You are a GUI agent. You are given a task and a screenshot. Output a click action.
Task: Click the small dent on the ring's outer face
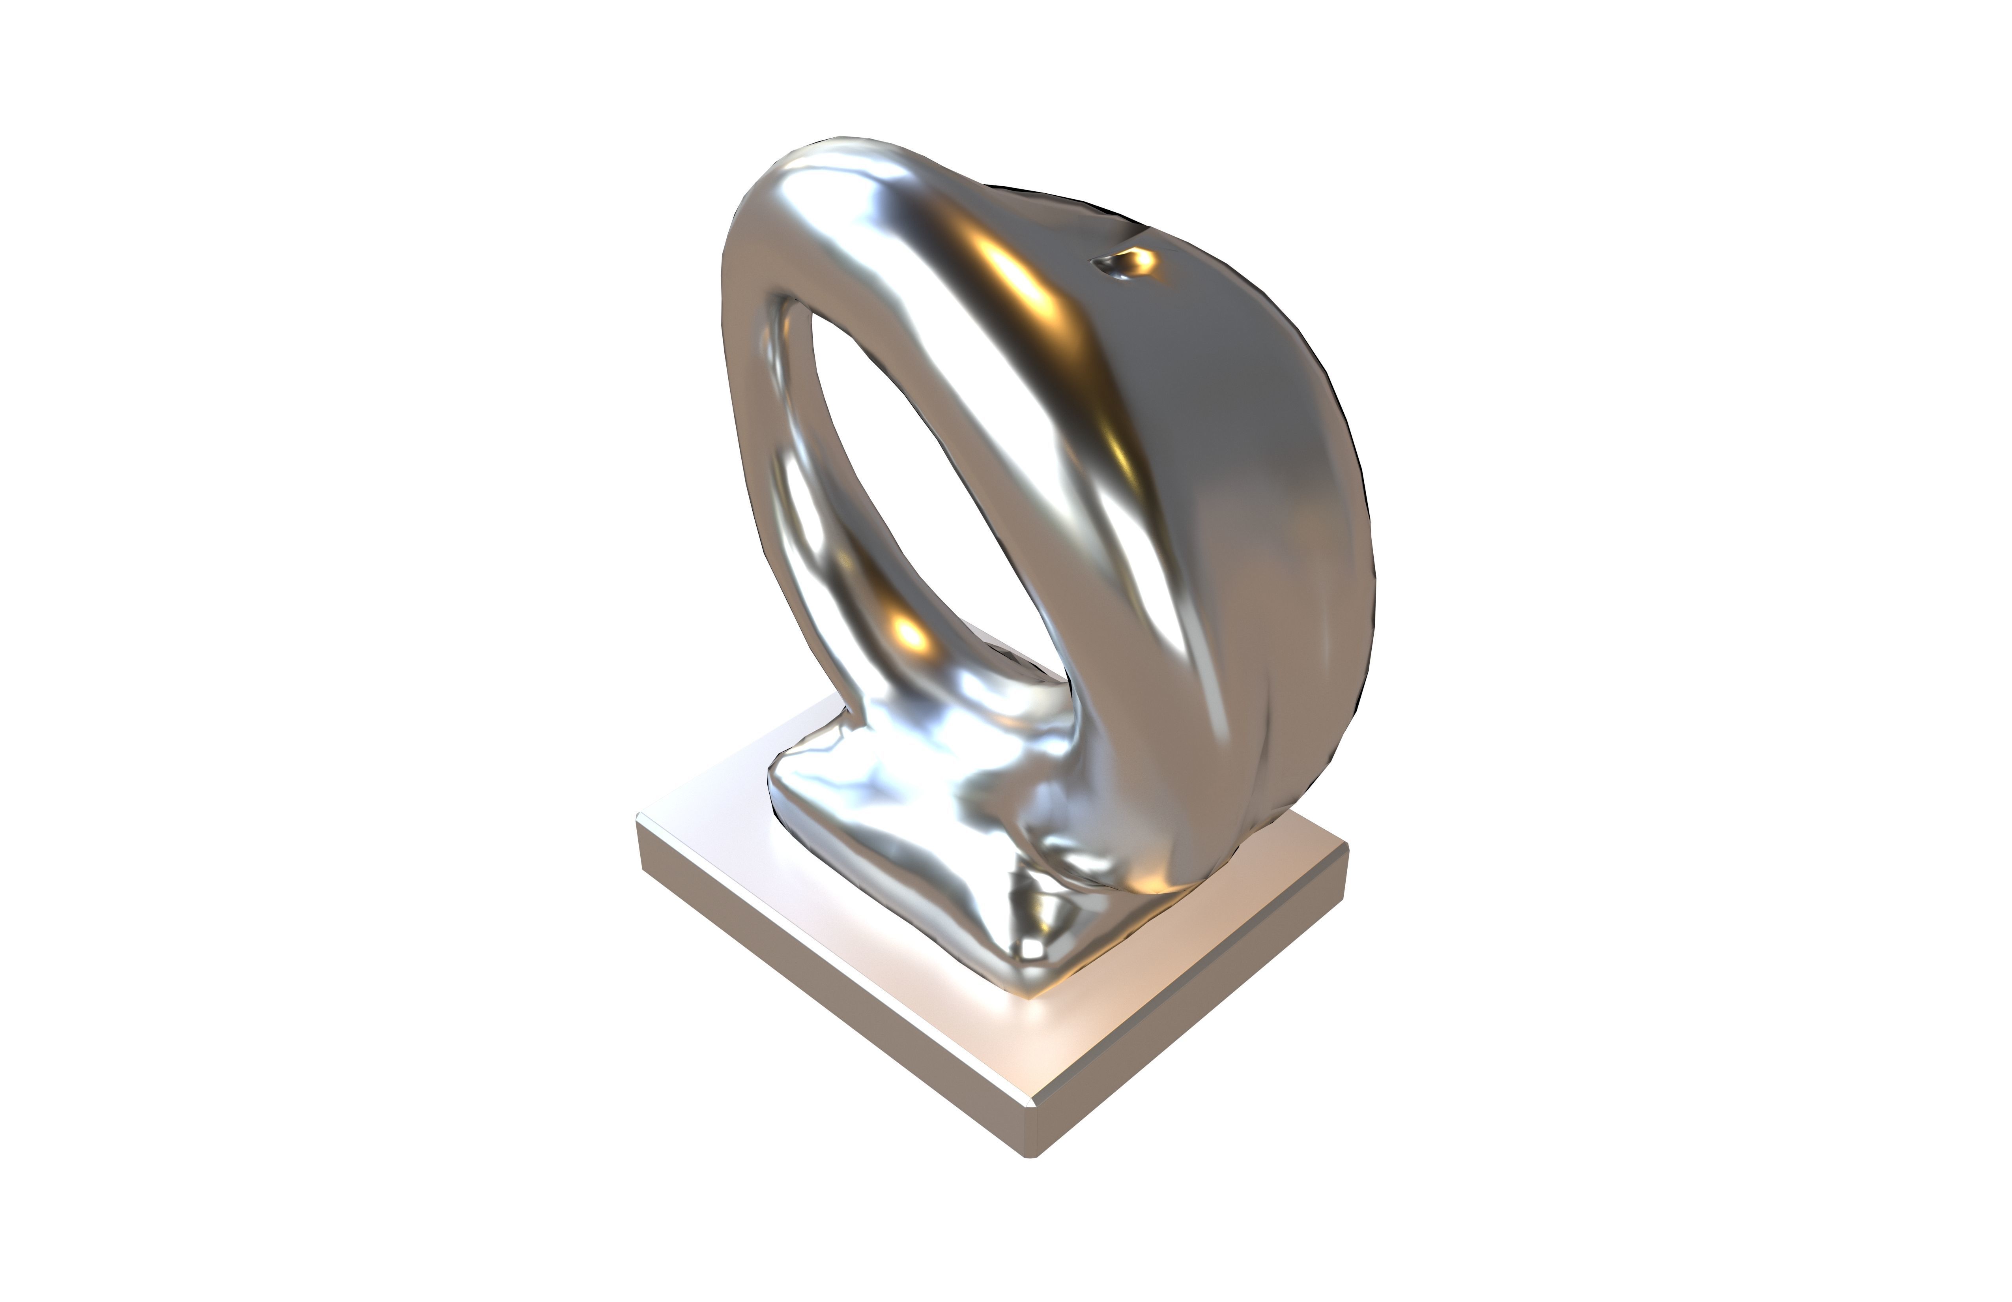(1124, 264)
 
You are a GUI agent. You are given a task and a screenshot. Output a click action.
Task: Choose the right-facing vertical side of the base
(1200, 1014)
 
